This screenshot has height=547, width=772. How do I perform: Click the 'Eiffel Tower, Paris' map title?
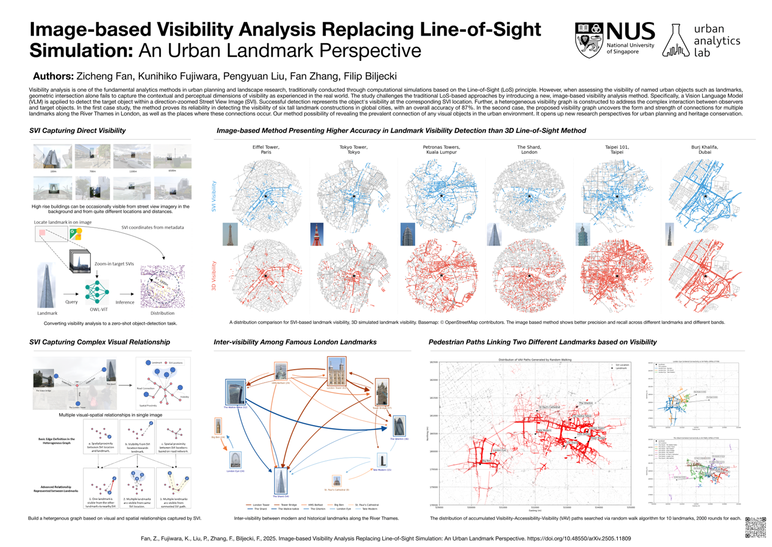[x=266, y=149]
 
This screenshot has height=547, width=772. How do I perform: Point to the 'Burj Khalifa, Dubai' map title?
[x=705, y=149]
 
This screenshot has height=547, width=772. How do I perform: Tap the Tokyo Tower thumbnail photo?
[x=317, y=234]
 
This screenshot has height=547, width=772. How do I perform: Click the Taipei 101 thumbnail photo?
[x=583, y=234]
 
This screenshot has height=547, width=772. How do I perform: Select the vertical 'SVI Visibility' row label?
[x=214, y=196]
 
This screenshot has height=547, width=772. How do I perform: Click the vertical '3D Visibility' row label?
[x=214, y=276]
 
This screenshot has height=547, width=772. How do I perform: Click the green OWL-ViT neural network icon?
[x=97, y=292]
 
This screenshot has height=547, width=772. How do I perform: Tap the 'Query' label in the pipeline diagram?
[x=72, y=302]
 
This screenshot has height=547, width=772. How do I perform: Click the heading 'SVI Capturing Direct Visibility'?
[x=77, y=131]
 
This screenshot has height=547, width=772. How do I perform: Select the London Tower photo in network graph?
[x=337, y=371]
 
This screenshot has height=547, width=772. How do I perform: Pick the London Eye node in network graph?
[x=235, y=460]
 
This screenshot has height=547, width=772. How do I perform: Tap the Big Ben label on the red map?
[x=486, y=461]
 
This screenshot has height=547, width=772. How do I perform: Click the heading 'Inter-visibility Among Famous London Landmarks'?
[x=295, y=342]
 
